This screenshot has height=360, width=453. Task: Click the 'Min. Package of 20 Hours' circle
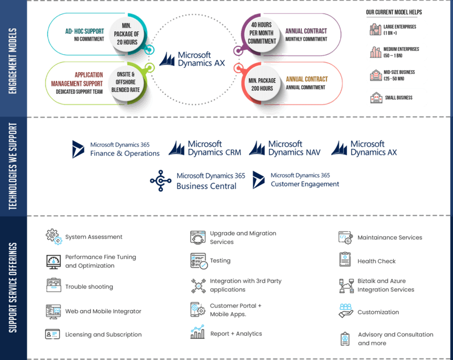click(x=126, y=34)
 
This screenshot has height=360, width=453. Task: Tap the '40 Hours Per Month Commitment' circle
click(x=262, y=33)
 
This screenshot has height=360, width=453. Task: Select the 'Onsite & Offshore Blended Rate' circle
click(x=126, y=82)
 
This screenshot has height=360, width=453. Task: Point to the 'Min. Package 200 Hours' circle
click(x=262, y=84)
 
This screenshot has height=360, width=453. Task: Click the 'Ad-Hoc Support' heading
click(x=84, y=31)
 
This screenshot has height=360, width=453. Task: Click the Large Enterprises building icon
click(x=376, y=30)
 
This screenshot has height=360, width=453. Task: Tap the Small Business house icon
click(x=376, y=98)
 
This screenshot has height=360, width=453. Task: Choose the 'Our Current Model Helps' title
click(x=394, y=12)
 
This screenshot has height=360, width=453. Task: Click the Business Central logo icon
click(x=161, y=181)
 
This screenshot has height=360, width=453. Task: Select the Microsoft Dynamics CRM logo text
click(x=214, y=148)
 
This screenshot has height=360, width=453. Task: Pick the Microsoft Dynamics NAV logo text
click(x=294, y=148)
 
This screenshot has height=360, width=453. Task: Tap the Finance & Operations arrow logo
click(x=78, y=149)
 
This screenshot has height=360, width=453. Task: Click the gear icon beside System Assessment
click(x=54, y=237)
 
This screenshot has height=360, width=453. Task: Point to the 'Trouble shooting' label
click(x=89, y=287)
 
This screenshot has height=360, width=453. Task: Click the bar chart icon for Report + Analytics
click(x=198, y=332)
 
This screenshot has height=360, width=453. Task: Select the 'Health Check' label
click(x=376, y=261)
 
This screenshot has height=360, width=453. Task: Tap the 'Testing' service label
click(x=220, y=261)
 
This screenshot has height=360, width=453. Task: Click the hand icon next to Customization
click(x=346, y=311)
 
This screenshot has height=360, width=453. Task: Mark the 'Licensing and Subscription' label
click(x=103, y=334)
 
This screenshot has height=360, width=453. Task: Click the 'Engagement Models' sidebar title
click(x=13, y=61)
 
